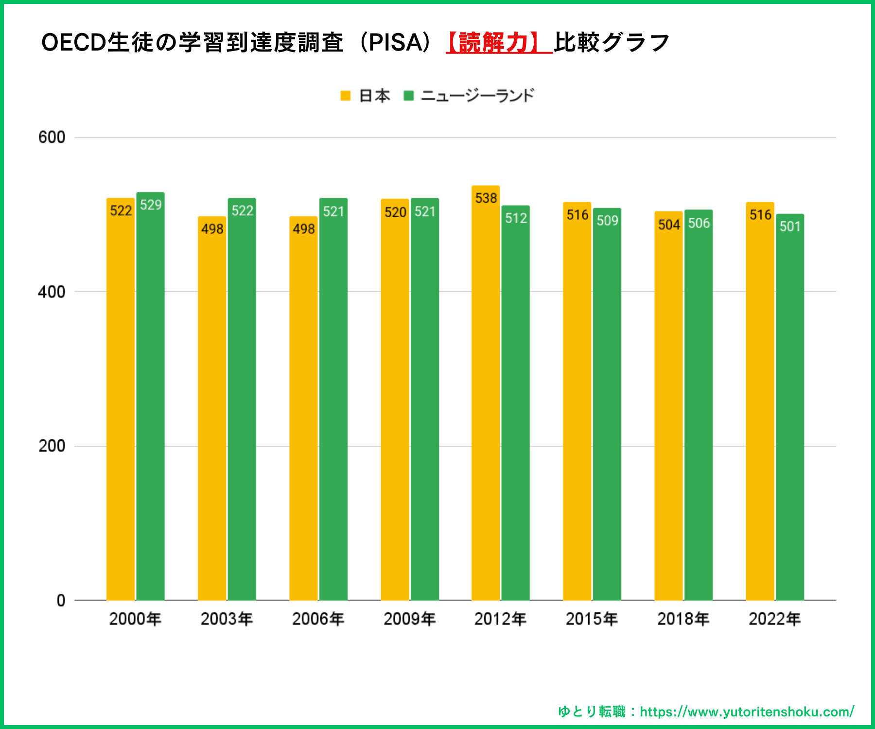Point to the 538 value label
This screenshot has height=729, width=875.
pyautogui.click(x=486, y=198)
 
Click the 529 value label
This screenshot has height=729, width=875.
pyautogui.click(x=151, y=205)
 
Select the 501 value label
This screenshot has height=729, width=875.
pyautogui.click(x=790, y=226)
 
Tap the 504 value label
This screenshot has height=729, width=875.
pyautogui.click(x=669, y=225)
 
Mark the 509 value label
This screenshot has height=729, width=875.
pyautogui.click(x=607, y=221)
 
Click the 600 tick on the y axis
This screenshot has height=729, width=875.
pyautogui.click(x=52, y=138)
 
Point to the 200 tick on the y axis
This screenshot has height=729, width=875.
pyautogui.click(x=52, y=446)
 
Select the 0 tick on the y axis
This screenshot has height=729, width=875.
pyautogui.click(x=61, y=601)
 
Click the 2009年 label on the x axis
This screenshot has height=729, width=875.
pyautogui.click(x=409, y=619)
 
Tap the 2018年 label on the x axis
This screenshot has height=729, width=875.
pyautogui.click(x=683, y=619)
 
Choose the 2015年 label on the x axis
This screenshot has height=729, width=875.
pyautogui.click(x=592, y=619)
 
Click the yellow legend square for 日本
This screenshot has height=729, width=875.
pyautogui.click(x=346, y=96)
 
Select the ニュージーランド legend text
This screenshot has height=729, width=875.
pyautogui.click(x=477, y=96)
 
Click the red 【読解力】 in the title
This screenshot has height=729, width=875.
pyautogui.click(x=499, y=43)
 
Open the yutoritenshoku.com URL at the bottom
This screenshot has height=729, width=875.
pyautogui.click(x=747, y=712)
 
